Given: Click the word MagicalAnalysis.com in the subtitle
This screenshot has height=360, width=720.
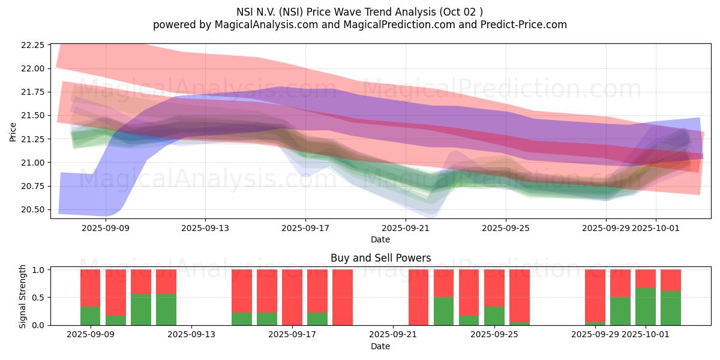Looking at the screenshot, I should click(x=256, y=25).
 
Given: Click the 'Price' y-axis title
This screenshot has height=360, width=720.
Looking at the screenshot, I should click(x=13, y=133).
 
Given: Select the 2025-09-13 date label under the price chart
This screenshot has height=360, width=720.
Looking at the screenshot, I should click(x=205, y=228).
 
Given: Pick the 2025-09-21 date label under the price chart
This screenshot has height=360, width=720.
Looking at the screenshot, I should click(x=406, y=228).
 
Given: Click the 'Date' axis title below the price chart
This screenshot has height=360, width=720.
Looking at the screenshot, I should click(x=380, y=239).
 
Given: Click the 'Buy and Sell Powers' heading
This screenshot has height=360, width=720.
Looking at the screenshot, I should click(x=380, y=258).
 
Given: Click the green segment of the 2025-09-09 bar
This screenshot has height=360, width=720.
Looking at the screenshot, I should click(x=91, y=316).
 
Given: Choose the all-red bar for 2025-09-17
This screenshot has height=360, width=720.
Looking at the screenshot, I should click(x=292, y=297).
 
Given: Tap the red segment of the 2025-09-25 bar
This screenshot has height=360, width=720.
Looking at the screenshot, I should click(x=494, y=288).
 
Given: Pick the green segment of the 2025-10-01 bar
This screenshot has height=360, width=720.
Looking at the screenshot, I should click(x=646, y=307).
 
